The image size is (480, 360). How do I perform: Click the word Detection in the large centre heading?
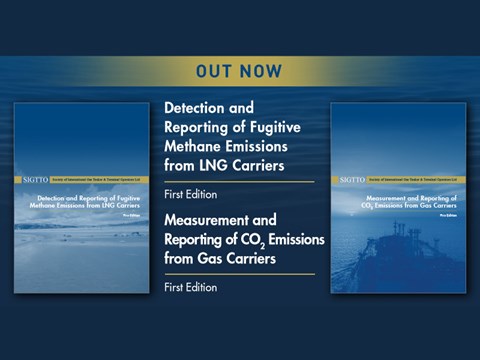(x=196, y=107)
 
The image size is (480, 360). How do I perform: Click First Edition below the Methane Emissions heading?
(x=190, y=192)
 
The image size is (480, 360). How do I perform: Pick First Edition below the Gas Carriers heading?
(x=190, y=287)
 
